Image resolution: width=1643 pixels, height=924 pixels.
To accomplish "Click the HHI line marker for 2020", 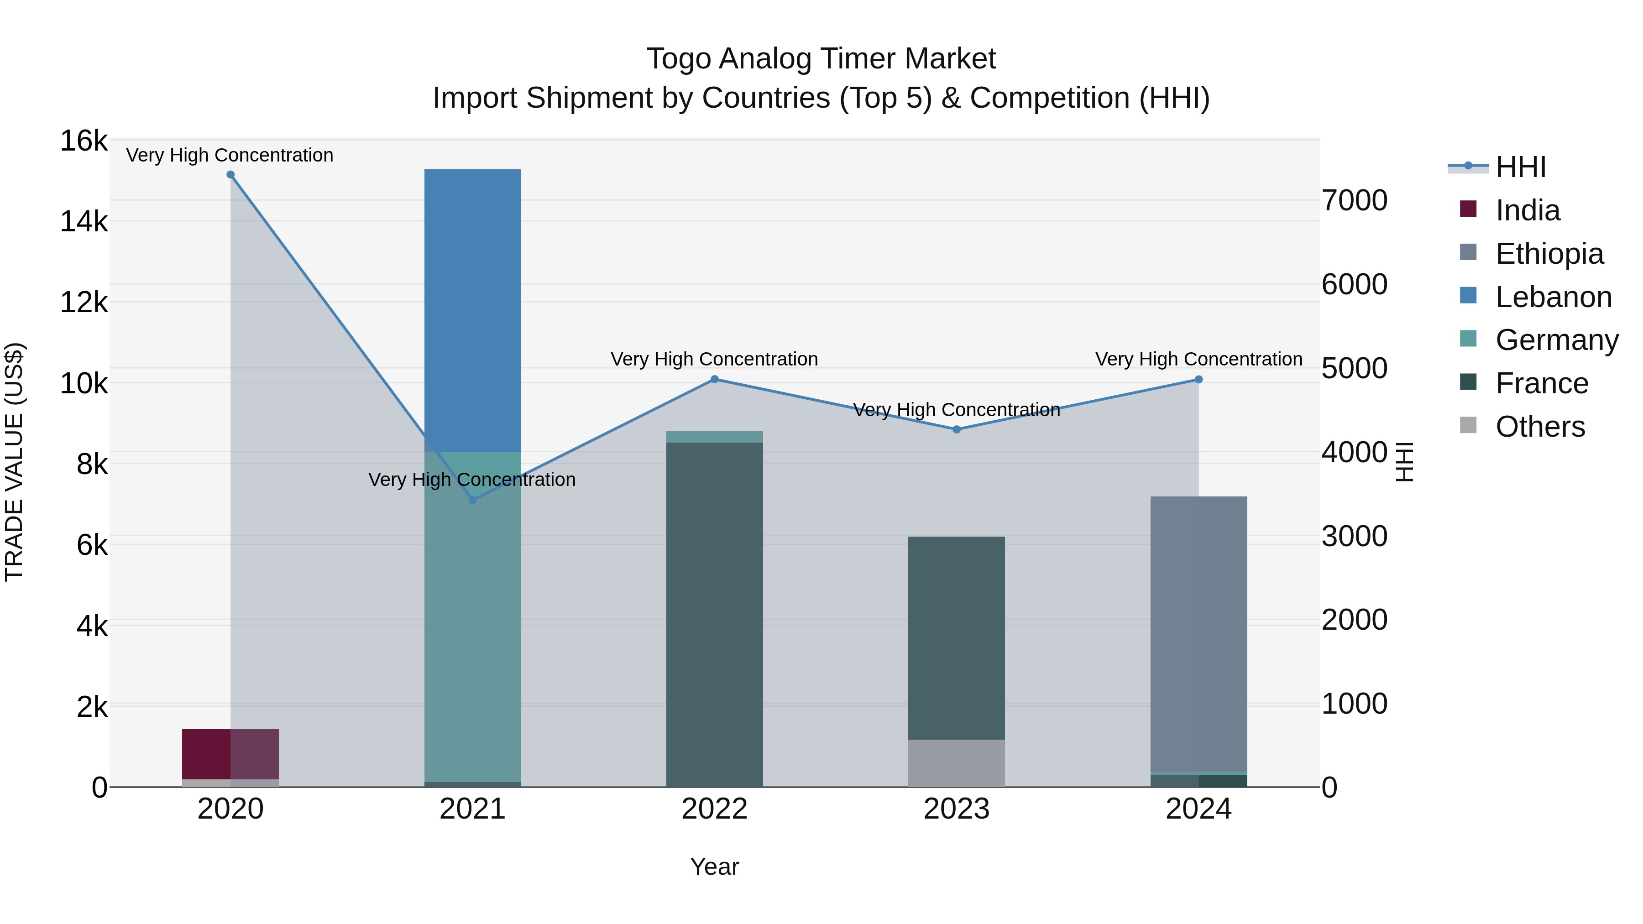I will [x=230, y=175].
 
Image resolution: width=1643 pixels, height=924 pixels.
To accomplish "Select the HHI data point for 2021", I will [x=473, y=500].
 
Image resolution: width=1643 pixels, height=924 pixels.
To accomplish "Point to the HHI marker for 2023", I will [x=957, y=430].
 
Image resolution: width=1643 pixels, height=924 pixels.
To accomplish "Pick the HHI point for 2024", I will [x=1198, y=380].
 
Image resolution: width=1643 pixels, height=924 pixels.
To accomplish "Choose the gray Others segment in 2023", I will [x=957, y=763].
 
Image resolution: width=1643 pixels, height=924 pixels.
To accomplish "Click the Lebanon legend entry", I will [x=1553, y=297].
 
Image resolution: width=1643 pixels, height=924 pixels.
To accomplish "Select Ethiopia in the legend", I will [x=1549, y=254].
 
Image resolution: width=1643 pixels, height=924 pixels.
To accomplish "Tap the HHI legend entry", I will [x=1521, y=167].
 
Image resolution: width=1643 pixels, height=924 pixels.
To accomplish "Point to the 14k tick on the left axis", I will [x=84, y=221].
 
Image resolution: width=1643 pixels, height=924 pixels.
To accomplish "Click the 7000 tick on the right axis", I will [x=1354, y=200].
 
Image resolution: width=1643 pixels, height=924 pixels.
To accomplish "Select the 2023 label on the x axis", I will [x=957, y=809].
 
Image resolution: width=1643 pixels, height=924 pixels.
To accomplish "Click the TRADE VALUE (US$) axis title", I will [x=14, y=462].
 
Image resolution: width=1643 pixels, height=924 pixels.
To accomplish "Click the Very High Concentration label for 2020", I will [x=230, y=155].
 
